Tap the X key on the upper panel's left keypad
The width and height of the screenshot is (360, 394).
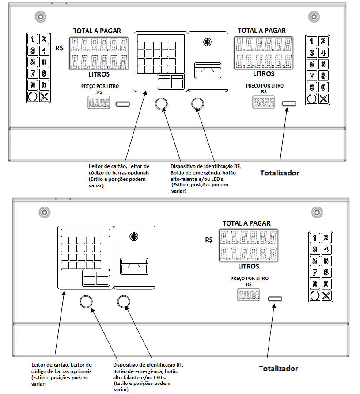click(x=44, y=97)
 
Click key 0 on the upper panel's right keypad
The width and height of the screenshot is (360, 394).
click(x=323, y=87)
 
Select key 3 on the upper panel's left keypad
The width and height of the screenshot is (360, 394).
click(x=33, y=50)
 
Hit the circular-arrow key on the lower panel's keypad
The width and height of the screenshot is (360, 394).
click(x=315, y=296)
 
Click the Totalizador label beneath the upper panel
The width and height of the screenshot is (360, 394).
click(x=280, y=173)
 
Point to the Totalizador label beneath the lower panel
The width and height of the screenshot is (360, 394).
click(x=278, y=369)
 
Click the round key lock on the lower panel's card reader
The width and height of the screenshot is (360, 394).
click(x=133, y=237)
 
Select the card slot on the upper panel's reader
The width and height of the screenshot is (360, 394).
click(x=208, y=70)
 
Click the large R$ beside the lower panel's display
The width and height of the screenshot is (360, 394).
click(x=209, y=240)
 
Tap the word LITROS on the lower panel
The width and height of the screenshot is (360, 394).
click(x=249, y=266)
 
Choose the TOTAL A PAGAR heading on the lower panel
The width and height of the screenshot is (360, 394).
click(x=246, y=223)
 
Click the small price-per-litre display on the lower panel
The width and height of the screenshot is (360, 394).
click(x=248, y=295)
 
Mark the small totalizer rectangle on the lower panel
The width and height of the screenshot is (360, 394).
click(x=275, y=299)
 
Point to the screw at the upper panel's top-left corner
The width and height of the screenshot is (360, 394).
click(x=41, y=17)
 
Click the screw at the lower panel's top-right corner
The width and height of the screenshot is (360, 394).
click(x=317, y=212)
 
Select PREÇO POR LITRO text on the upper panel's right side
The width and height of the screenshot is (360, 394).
click(x=265, y=86)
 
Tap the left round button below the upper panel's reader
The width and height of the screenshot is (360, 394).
click(x=161, y=104)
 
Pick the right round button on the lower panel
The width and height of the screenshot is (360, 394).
click(x=124, y=302)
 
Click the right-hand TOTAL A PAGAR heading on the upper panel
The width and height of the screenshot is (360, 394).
click(x=261, y=31)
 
